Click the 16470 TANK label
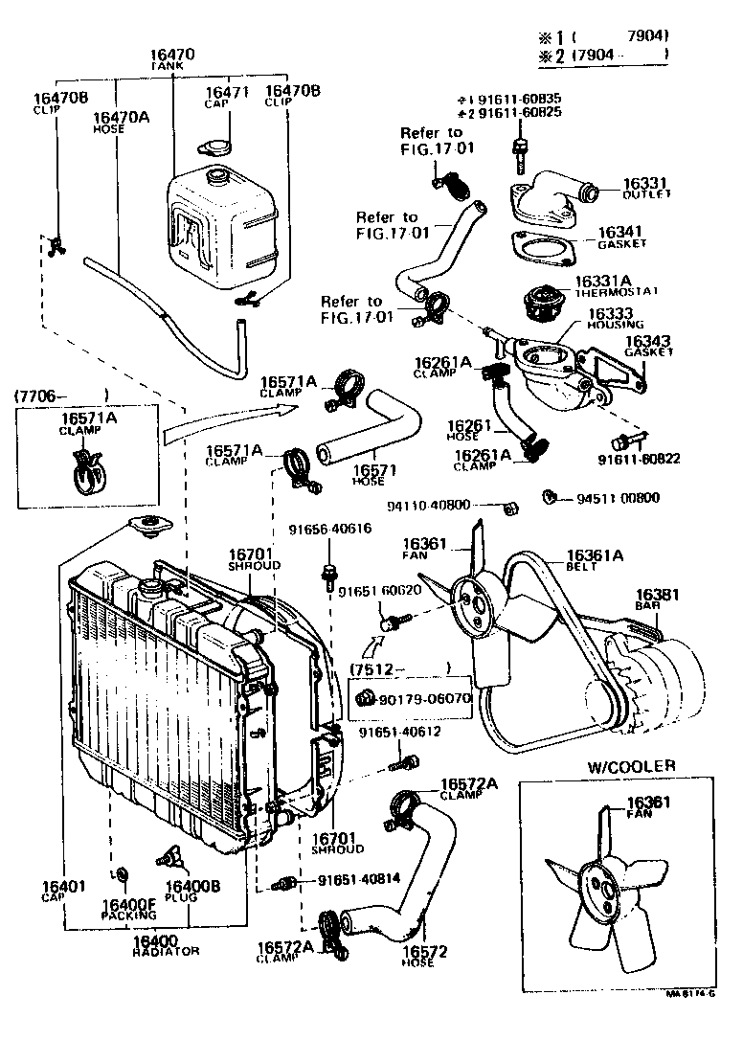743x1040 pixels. click(172, 59)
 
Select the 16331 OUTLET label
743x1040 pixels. click(646, 188)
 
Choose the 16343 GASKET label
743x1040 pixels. click(648, 346)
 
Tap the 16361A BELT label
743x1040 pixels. click(595, 559)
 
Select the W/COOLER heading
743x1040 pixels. click(631, 765)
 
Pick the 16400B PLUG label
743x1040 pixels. click(193, 891)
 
